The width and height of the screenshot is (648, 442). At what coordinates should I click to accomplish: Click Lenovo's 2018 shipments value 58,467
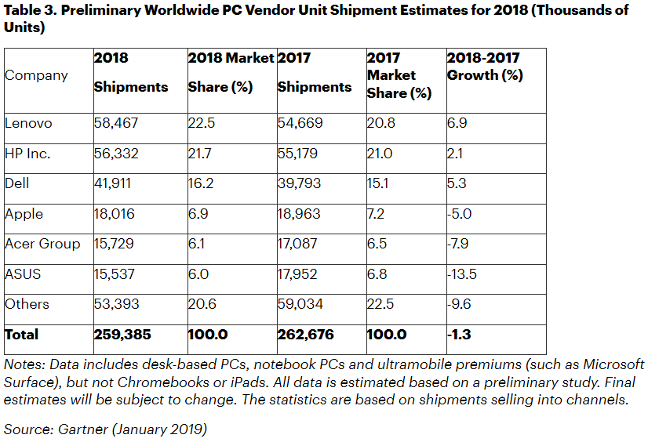(115, 123)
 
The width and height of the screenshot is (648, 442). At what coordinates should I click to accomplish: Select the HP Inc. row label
(27, 154)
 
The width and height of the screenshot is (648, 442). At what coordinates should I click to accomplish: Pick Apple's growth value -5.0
(461, 214)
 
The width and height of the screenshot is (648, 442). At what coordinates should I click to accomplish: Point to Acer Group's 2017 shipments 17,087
(297, 245)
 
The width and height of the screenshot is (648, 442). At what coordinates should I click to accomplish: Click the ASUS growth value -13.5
(462, 274)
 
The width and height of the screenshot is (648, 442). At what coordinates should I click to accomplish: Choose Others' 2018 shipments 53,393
(115, 304)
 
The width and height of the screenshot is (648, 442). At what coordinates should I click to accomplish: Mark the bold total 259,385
(122, 335)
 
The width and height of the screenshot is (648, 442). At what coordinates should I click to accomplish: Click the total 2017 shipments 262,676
(305, 335)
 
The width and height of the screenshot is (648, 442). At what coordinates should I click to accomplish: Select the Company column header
(36, 75)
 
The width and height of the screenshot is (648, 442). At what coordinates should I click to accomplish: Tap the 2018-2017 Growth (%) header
(484, 67)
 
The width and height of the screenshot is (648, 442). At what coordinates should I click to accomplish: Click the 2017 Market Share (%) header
(399, 75)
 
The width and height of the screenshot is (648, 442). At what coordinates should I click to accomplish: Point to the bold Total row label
(21, 335)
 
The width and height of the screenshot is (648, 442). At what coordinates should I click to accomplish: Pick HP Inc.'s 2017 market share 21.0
(380, 154)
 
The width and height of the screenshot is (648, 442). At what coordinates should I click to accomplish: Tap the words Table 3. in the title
(31, 10)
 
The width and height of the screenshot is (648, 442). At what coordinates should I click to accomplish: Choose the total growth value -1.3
(459, 335)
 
